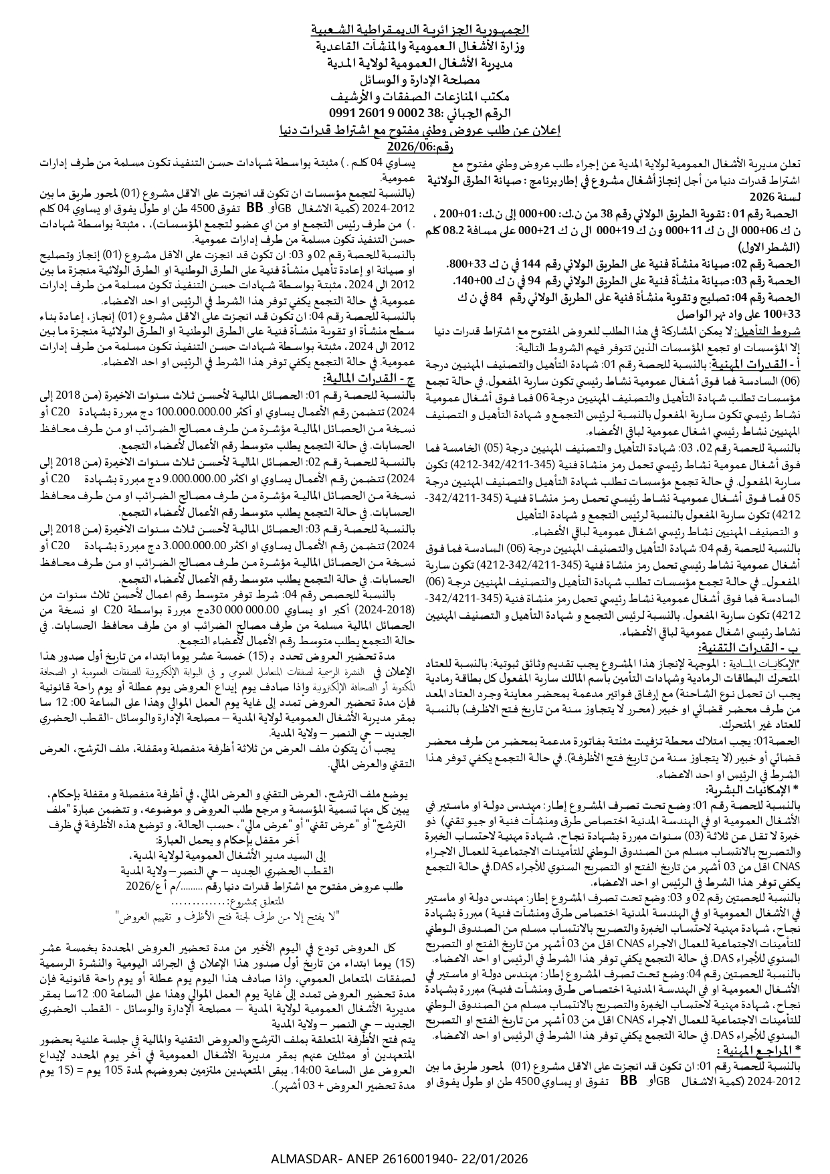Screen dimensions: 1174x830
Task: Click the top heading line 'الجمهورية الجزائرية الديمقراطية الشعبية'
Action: pyautogui.click(x=421, y=30)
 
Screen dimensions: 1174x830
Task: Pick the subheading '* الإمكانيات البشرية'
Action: pyautogui.click(x=762, y=789)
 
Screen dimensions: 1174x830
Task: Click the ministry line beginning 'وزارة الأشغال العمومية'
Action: pyautogui.click(x=421, y=47)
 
